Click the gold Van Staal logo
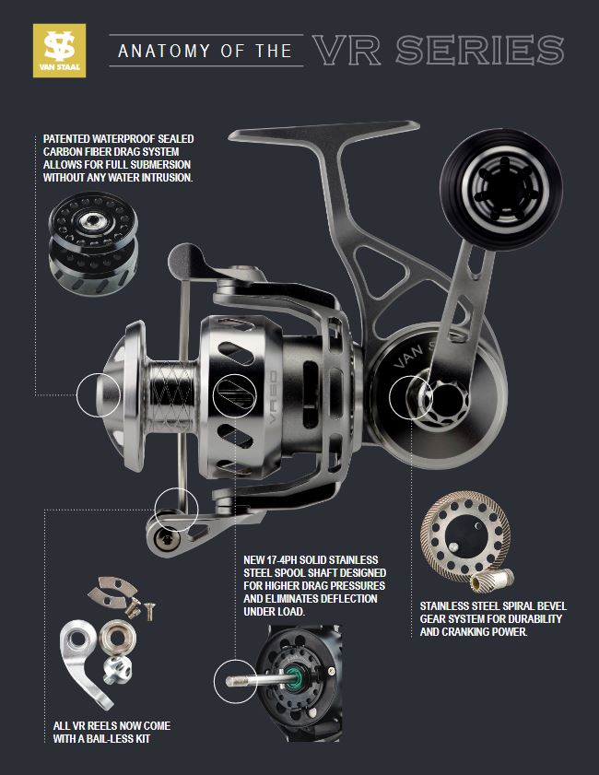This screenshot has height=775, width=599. point(59,51)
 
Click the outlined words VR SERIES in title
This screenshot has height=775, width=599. point(438,50)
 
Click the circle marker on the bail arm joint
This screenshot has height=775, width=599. point(176,507)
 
